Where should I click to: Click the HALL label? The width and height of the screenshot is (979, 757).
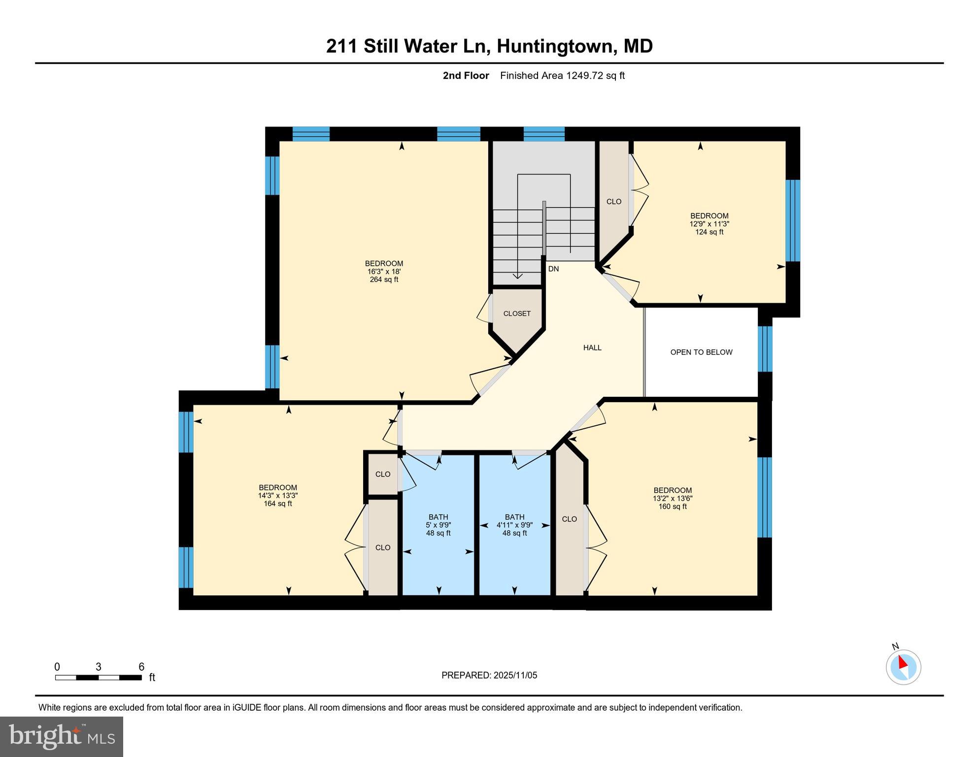point(592,347)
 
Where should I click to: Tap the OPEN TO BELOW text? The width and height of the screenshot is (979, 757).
point(701,352)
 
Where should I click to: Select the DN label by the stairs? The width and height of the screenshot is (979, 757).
point(553,269)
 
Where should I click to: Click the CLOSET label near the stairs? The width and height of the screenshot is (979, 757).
point(517,313)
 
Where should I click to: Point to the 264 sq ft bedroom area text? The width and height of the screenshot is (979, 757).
point(384,279)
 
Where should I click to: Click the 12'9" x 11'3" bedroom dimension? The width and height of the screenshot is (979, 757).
point(709,224)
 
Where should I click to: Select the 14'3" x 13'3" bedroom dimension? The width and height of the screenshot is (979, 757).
point(278,496)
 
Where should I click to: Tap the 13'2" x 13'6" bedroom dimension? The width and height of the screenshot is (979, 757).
point(673,498)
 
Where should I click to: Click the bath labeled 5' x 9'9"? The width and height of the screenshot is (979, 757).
point(438,525)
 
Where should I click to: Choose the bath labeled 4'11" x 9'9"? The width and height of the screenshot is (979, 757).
point(514,525)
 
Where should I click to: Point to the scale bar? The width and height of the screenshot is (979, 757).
point(99,678)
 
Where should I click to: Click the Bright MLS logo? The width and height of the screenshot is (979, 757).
point(62,737)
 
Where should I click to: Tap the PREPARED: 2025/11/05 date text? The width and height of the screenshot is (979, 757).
point(489,675)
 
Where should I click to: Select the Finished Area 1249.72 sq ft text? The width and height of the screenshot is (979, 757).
point(562,75)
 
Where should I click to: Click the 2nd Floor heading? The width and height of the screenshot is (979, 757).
point(466,75)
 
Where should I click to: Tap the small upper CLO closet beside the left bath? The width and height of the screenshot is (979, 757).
point(383,474)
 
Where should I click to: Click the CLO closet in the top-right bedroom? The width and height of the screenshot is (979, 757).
point(614,202)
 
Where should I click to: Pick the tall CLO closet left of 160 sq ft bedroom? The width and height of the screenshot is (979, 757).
point(570,519)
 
